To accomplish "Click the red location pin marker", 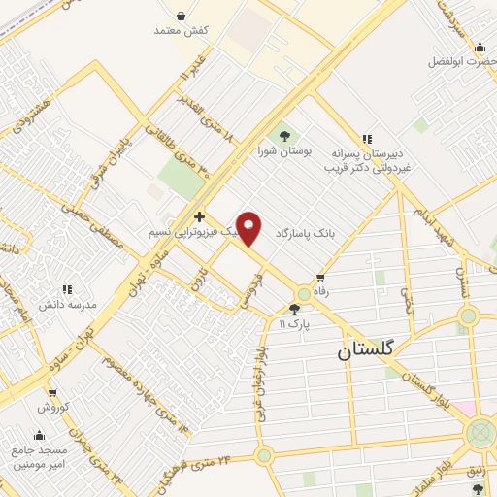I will coord(249,228).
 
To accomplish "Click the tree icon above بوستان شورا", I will coord(284,136).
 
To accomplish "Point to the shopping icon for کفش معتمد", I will coord(182,15).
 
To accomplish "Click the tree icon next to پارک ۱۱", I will coord(294,308).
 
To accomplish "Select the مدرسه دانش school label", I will coord(67,304).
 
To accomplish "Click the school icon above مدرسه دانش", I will coord(67,289).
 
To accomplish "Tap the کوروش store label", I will coord(50,408).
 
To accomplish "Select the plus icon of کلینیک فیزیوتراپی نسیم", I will coord(199,217).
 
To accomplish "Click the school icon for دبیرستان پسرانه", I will coord(367,139).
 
